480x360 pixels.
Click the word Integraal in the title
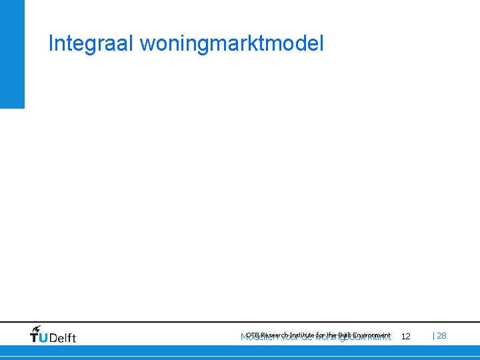pos(91,44)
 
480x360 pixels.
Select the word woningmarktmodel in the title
pos(232,45)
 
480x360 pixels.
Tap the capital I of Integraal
pos(51,44)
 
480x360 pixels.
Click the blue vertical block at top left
pos(12,53)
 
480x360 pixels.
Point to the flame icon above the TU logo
pos(36,329)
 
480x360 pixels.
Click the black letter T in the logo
pos(35,338)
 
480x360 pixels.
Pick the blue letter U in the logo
pos(43,338)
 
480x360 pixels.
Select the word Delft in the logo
pos(63,338)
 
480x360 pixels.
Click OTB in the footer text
pos(253,335)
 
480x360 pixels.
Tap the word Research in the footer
pos(275,335)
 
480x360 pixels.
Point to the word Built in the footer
pos(345,335)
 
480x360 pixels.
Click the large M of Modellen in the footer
pos(243,337)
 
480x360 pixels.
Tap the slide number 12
pos(405,337)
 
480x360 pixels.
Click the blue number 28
pos(442,336)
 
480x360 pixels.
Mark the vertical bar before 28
pos(435,336)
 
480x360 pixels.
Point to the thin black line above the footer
pos(240,322)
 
